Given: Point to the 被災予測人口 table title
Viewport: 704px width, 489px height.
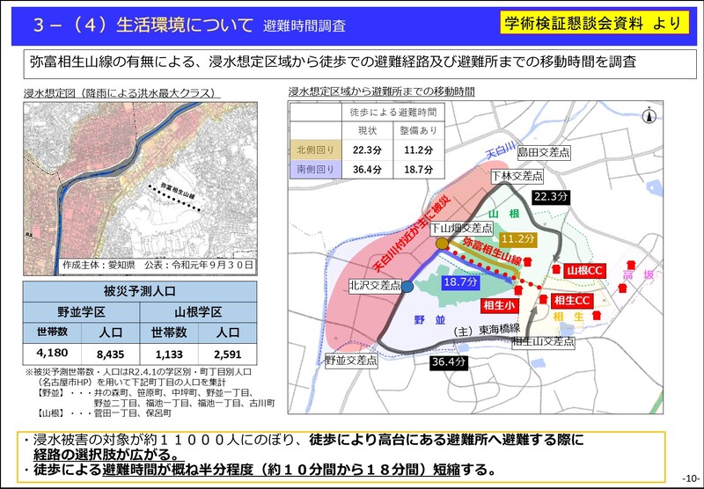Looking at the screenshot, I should [140, 291].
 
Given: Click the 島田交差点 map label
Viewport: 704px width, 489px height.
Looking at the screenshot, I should [543, 152].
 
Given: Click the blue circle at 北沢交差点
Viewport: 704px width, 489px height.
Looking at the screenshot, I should [408, 286].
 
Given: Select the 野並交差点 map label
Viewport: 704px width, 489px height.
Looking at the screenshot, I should [348, 360].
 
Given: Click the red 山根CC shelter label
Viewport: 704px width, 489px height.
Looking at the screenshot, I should [583, 270].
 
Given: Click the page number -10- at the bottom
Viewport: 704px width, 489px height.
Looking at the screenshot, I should [689, 478].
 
